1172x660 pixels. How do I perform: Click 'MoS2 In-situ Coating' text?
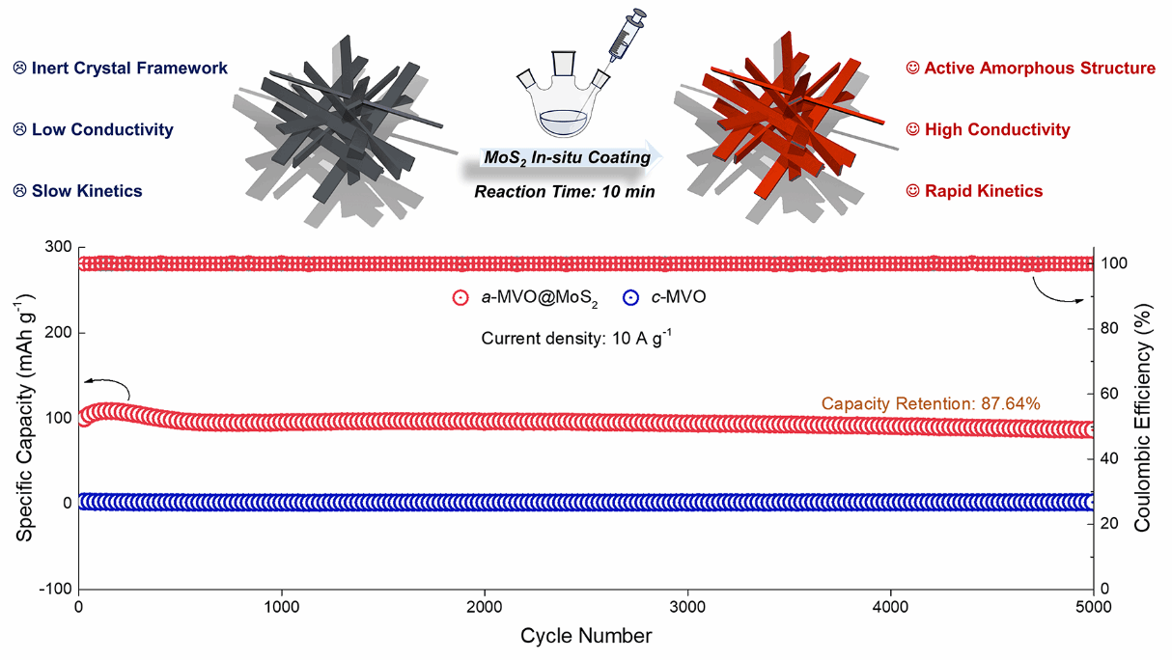pyautogui.click(x=566, y=158)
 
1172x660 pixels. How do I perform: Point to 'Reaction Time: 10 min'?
pyautogui.click(x=565, y=191)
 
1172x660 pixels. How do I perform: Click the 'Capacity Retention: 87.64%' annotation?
pyautogui.click(x=931, y=403)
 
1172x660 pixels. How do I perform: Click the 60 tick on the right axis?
pyautogui.click(x=1112, y=394)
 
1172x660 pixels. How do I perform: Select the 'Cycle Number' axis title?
pyautogui.click(x=585, y=636)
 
